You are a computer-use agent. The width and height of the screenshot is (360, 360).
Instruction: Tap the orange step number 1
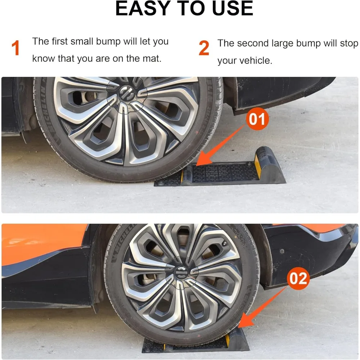15,49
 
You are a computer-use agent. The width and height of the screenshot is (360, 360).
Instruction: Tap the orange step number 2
204,49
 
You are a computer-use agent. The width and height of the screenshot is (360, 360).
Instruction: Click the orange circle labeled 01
257,119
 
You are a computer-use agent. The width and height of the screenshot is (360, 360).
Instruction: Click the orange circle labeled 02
298,279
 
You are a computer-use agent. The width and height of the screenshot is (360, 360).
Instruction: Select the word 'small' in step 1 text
81,41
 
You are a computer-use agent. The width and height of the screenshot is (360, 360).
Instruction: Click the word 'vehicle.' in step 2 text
255,60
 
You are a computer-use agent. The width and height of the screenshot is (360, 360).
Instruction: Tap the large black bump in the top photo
272,166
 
